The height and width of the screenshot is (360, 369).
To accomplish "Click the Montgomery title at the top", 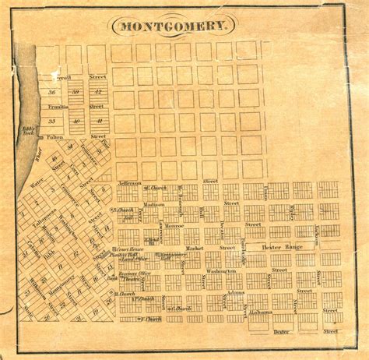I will click(x=175, y=26).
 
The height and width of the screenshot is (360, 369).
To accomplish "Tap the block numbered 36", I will click(x=52, y=92).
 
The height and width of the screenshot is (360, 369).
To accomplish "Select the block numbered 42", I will click(x=97, y=92).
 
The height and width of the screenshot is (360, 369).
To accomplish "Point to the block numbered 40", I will click(x=76, y=122).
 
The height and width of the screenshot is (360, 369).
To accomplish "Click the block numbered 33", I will click(x=52, y=122).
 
